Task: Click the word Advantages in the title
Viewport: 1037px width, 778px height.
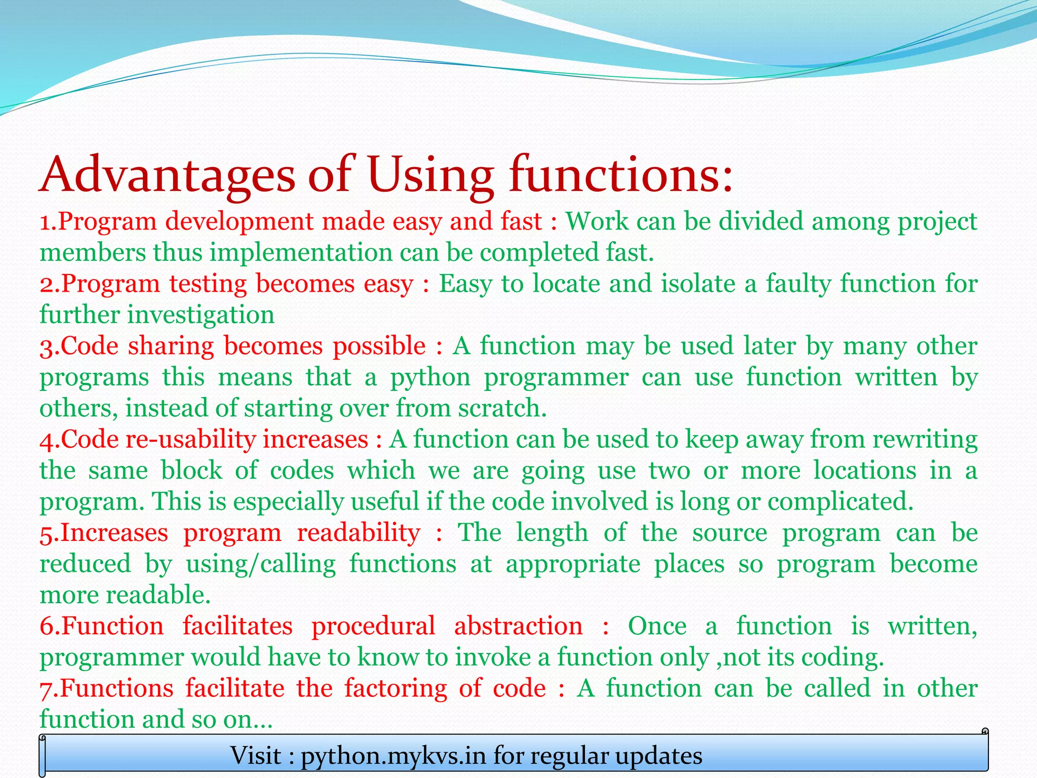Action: [167, 175]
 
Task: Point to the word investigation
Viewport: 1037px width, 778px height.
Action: [201, 315]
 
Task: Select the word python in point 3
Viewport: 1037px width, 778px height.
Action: [430, 378]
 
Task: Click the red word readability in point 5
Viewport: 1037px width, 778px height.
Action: [358, 533]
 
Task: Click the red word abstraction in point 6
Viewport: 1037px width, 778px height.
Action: [518, 626]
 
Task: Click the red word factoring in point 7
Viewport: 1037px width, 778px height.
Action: [395, 689]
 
